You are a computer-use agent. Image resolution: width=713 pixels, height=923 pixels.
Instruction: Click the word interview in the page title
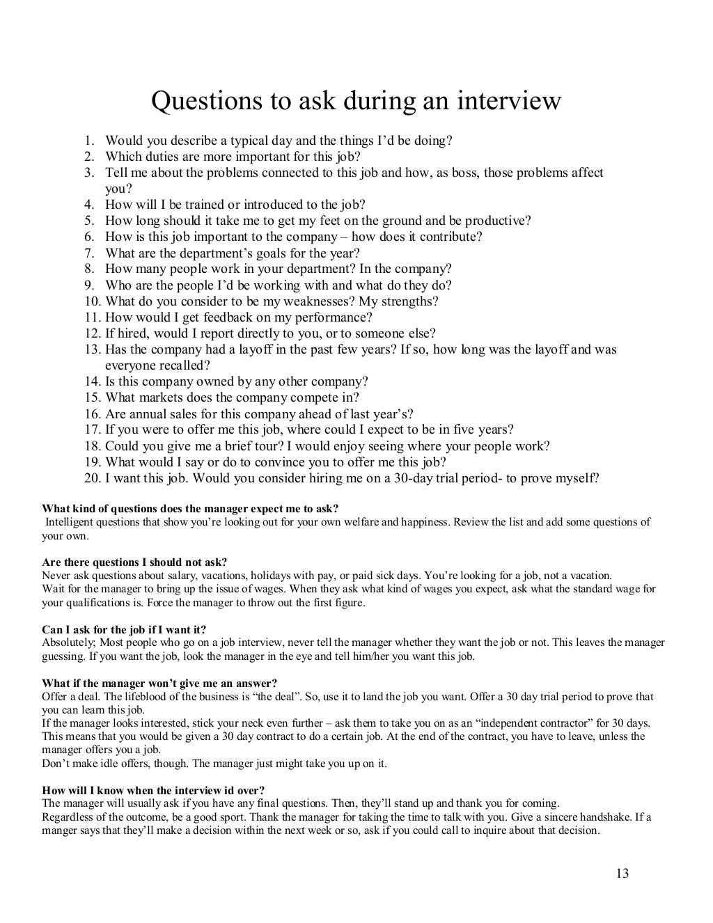click(x=508, y=102)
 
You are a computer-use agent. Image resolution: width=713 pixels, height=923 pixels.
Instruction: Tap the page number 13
click(x=622, y=873)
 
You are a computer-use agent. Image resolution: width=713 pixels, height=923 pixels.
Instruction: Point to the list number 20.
click(x=92, y=478)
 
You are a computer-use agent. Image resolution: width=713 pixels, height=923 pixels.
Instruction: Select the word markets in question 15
click(x=157, y=397)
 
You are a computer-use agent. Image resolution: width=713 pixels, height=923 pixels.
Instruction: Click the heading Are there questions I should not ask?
click(x=134, y=562)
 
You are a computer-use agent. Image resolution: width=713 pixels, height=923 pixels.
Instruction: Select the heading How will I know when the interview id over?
click(x=153, y=791)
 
